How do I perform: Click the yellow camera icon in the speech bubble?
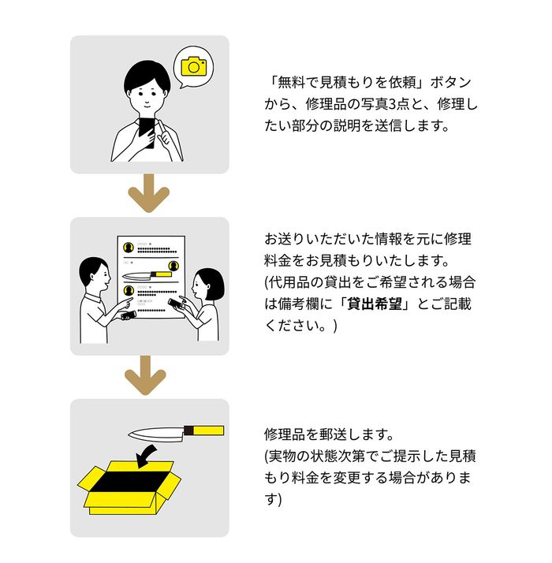click(x=193, y=66)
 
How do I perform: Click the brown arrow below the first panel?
click(x=149, y=193)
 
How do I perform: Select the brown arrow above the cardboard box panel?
click(x=145, y=375)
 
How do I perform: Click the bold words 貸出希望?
click(x=375, y=304)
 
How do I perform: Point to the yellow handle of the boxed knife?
click(x=209, y=431)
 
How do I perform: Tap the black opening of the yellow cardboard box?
click(x=131, y=481)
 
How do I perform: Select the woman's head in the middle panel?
click(x=208, y=285)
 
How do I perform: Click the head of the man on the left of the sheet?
click(x=94, y=273)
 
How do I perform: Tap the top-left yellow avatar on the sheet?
click(x=129, y=248)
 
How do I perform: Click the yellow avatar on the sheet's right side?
click(x=173, y=266)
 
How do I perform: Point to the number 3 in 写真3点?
click(x=392, y=105)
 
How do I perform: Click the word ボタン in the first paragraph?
click(x=451, y=83)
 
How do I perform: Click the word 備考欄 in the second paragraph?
click(x=299, y=304)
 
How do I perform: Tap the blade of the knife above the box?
click(x=156, y=434)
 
